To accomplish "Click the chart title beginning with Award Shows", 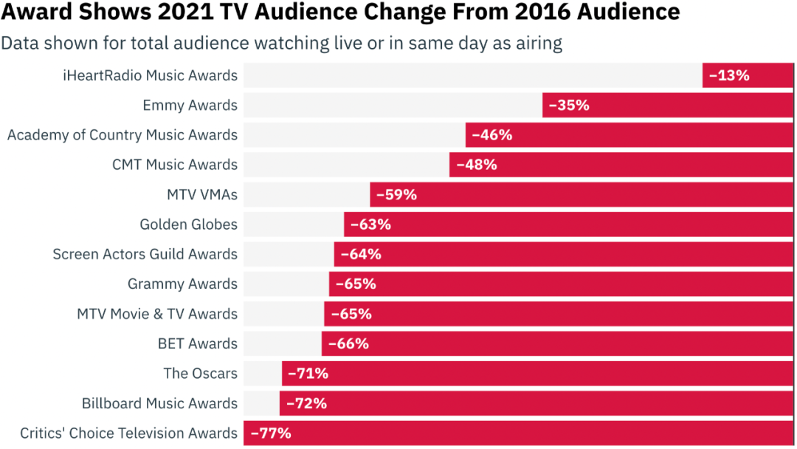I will pos(339,13).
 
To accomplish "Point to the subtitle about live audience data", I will pos(281,43).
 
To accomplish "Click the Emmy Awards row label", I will pos(190,105).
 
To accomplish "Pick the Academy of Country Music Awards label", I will pos(123,135).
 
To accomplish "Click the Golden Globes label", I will pos(188,224).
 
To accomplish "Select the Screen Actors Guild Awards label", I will pos(145,254).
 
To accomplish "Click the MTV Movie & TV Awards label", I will pos(157,314).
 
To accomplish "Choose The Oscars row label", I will pos(200,374).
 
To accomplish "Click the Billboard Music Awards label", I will pos(159,403).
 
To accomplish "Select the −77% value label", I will pos(271,433).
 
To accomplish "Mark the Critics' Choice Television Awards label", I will pos(128,433).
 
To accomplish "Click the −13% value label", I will pos(729,75).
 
